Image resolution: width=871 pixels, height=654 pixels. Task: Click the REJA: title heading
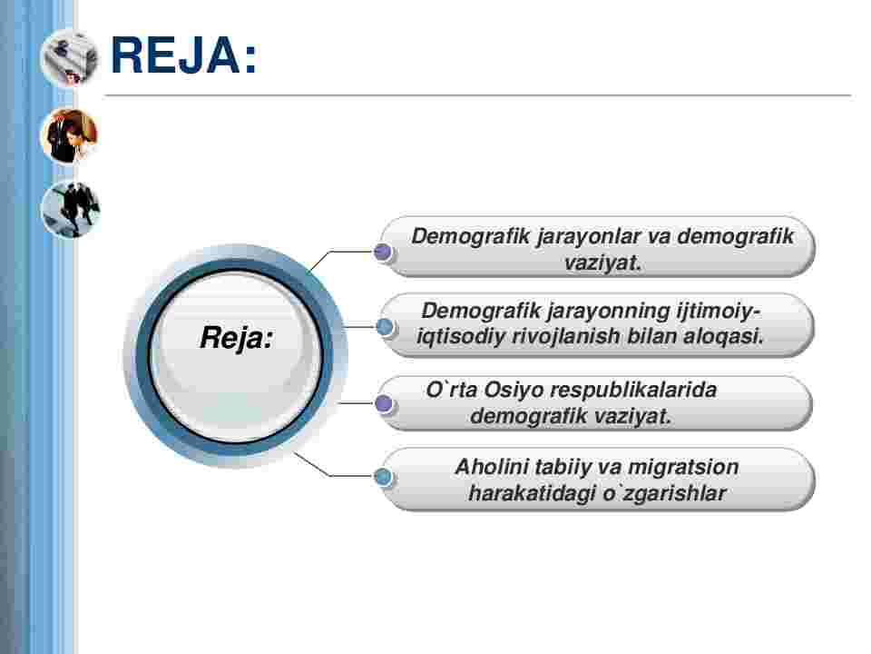pos(184,54)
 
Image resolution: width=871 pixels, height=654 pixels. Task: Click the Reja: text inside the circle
pos(236,338)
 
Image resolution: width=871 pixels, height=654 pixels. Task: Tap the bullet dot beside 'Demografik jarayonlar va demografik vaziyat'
pos(383,252)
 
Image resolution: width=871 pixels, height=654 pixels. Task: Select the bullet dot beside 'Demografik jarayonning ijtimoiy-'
pos(385,327)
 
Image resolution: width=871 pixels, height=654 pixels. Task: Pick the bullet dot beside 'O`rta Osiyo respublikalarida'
pos(384,403)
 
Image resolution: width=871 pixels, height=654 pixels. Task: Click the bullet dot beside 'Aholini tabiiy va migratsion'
pos(383,477)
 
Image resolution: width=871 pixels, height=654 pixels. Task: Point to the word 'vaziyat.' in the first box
pos(602,263)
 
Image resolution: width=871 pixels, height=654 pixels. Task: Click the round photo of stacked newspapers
pos(70,58)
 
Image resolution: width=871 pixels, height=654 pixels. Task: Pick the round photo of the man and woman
pos(70,135)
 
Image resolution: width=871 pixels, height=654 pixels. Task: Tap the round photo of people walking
pos(70,210)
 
